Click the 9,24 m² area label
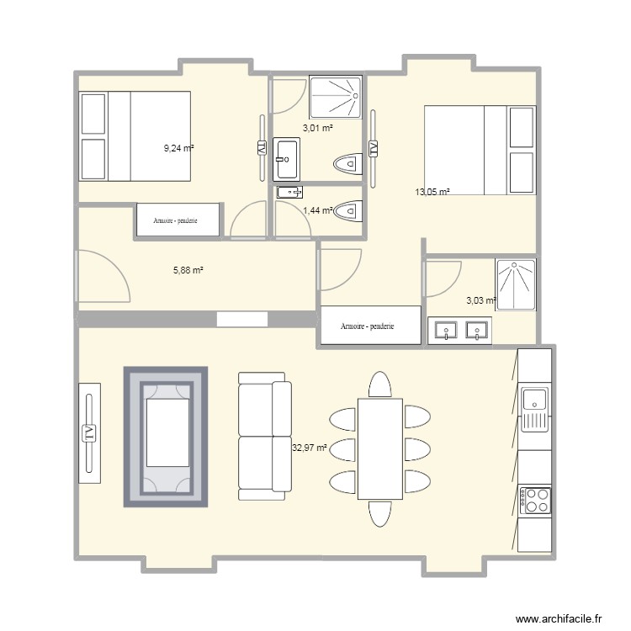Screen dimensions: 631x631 click(178, 148)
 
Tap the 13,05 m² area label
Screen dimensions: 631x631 click(432, 192)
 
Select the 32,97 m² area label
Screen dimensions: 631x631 click(309, 448)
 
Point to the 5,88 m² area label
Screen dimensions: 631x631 click(188, 270)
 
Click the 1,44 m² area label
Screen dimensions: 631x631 click(317, 210)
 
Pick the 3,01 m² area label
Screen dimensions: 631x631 click(317, 129)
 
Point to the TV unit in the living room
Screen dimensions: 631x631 click(88, 433)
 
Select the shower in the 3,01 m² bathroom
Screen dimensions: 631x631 click(337, 97)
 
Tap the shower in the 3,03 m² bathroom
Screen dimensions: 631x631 click(515, 284)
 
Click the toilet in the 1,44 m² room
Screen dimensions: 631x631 click(347, 212)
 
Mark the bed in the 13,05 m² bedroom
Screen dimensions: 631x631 click(480, 150)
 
